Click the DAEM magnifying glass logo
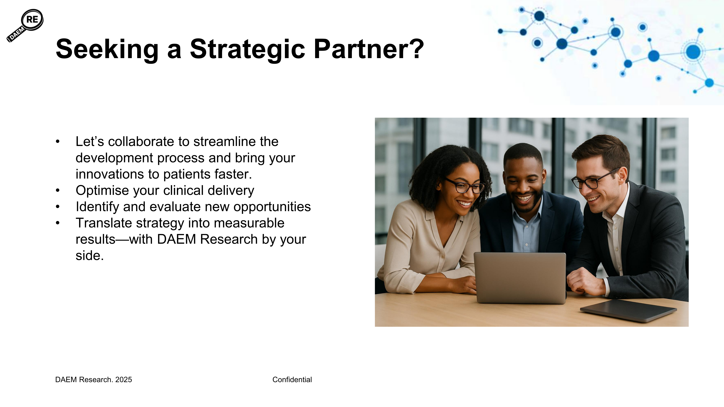point(25,26)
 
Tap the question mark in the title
point(416,49)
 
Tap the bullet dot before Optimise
point(58,191)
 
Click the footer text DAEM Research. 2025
point(94,380)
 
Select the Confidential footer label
point(292,380)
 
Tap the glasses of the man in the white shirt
point(593,181)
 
